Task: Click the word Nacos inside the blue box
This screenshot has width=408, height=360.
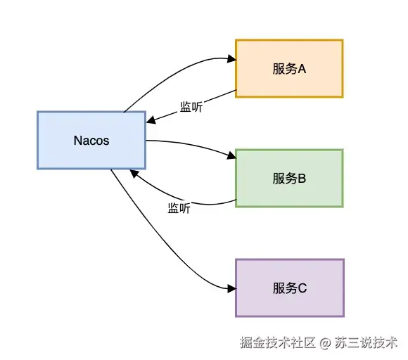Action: click(91, 140)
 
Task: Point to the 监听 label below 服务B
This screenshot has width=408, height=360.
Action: click(179, 208)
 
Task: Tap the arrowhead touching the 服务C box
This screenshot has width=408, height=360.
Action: click(230, 289)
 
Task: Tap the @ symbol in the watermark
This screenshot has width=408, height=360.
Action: click(325, 344)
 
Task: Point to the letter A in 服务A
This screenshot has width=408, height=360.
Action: click(305, 69)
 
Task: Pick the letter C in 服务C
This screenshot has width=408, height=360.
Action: click(303, 288)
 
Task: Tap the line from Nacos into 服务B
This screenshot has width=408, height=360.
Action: click(190, 143)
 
